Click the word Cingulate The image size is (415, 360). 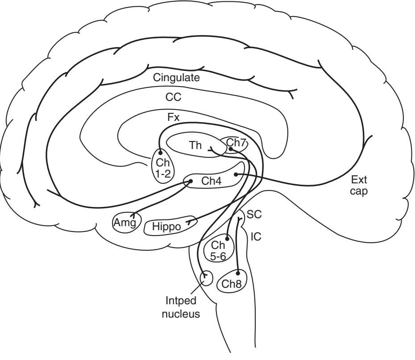(x=176, y=77)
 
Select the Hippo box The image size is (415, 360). (x=166, y=227)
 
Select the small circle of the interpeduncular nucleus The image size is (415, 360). (x=206, y=278)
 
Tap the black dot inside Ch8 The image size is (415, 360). (x=238, y=273)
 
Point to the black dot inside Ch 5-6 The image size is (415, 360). (x=227, y=238)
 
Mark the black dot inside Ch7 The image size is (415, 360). (x=231, y=149)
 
